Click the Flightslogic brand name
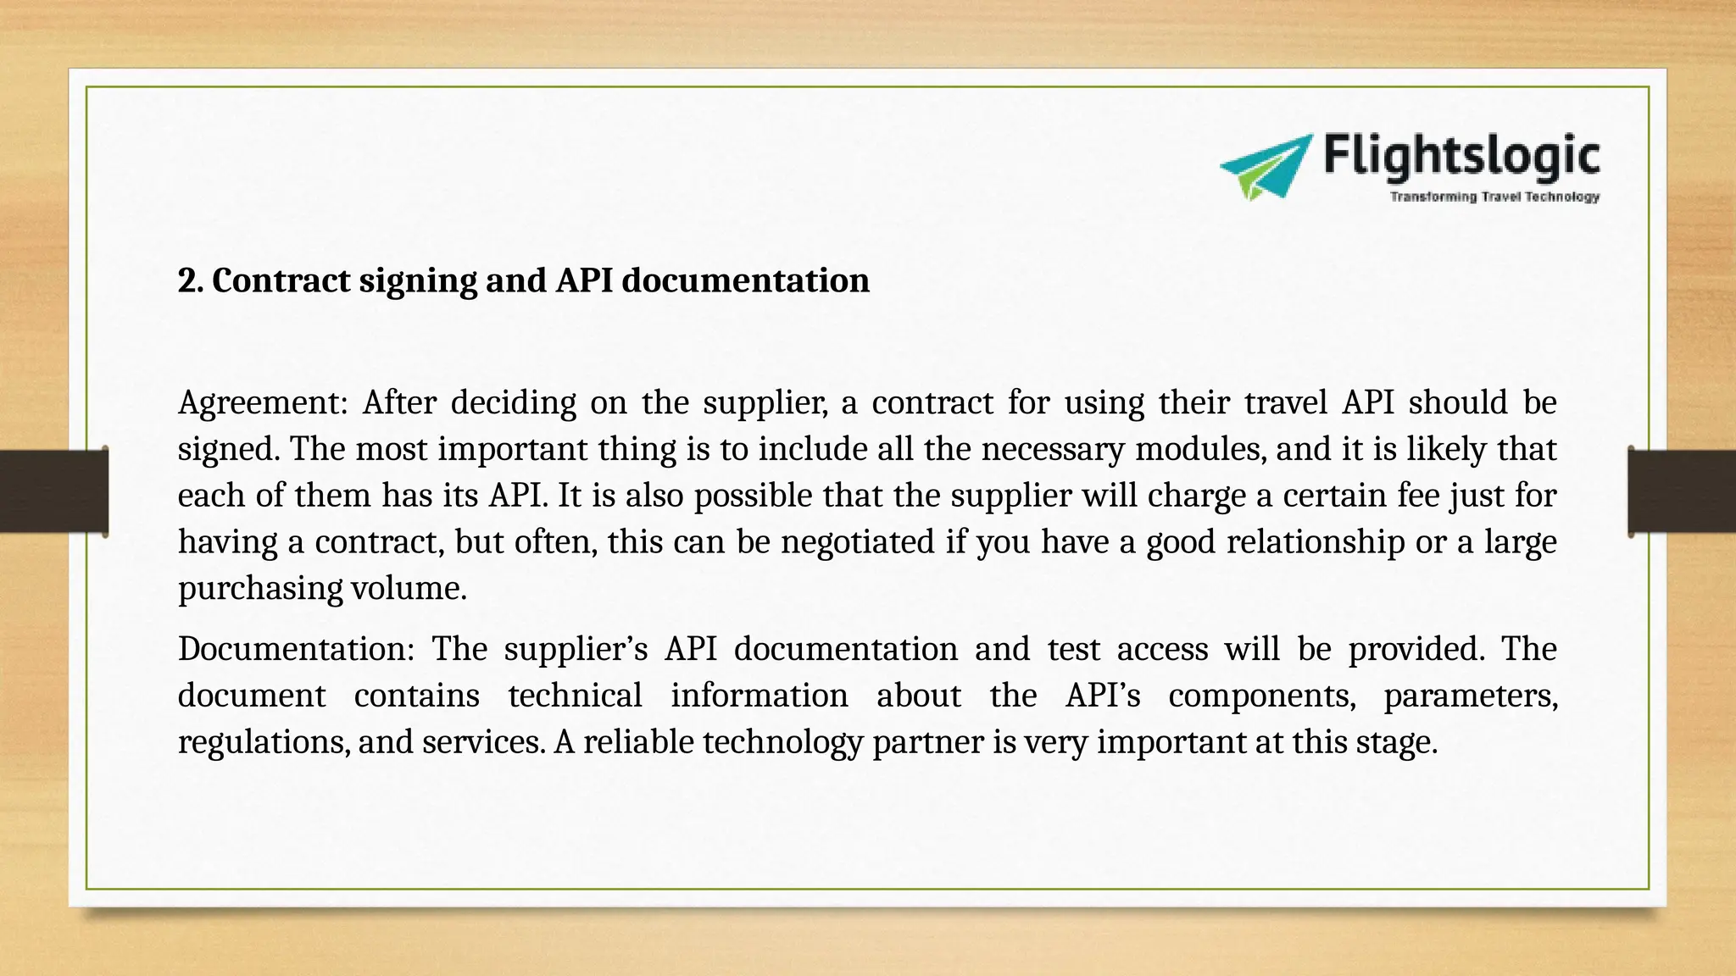(x=1461, y=158)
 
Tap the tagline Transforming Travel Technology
(x=1494, y=197)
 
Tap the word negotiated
(x=857, y=542)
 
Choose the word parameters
(x=1471, y=696)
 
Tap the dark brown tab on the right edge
(x=1682, y=491)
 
